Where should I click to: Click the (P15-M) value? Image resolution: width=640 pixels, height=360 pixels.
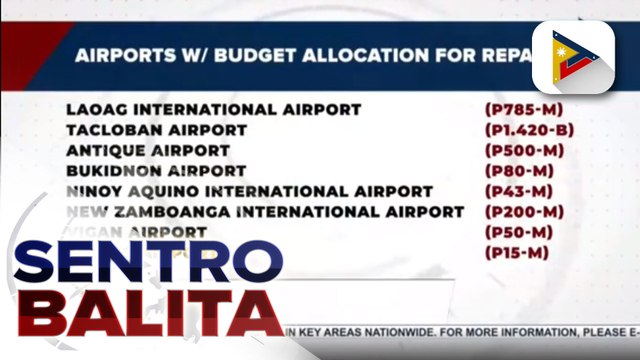[x=518, y=253]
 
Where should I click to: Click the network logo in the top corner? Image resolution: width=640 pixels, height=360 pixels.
[x=572, y=57]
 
